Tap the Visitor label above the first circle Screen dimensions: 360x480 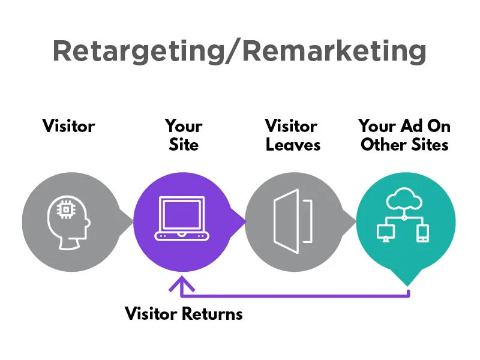[x=68, y=127]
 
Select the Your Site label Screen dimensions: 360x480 [x=184, y=136]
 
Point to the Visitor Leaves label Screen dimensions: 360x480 [x=293, y=136]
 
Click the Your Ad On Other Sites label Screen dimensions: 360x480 [x=404, y=136]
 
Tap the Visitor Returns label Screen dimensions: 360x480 [x=184, y=314]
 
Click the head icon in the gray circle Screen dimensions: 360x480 [x=68, y=222]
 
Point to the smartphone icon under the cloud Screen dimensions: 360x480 [x=422, y=233]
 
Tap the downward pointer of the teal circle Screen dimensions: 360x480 [x=407, y=277]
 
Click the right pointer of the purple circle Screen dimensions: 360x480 [x=241, y=222]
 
